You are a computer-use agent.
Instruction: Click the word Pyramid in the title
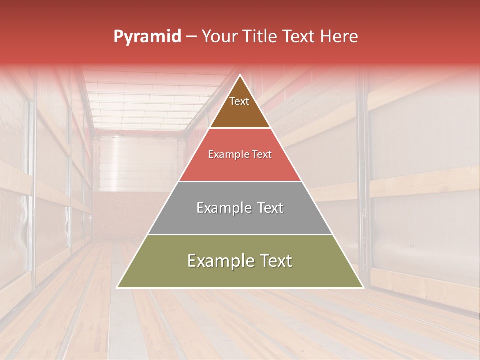147,37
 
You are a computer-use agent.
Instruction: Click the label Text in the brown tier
239,101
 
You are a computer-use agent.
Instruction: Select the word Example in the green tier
219,261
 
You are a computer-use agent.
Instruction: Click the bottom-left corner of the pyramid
117,287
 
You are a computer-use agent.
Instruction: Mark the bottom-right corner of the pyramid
363,287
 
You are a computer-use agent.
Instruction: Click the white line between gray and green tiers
240,234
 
